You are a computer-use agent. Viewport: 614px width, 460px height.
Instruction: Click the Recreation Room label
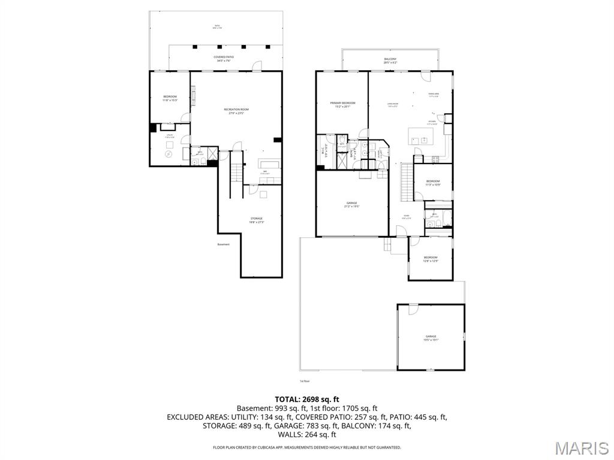point(236,111)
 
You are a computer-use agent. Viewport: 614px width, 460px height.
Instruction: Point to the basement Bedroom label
point(170,98)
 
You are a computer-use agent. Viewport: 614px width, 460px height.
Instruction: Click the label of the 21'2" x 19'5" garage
point(351,205)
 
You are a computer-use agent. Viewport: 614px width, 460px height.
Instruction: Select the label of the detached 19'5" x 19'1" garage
point(431,338)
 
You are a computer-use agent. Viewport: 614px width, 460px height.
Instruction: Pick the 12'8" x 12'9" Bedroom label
point(431,259)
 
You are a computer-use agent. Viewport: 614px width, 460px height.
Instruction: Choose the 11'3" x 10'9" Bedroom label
point(433,183)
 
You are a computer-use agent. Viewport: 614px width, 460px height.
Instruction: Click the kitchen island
point(425,136)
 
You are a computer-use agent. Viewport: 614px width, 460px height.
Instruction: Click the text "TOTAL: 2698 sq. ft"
point(307,399)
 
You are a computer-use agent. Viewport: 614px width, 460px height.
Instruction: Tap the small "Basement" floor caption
point(224,244)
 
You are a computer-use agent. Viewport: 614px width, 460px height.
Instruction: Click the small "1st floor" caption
point(305,381)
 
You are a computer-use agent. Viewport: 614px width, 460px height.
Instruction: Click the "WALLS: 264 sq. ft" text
point(307,435)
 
